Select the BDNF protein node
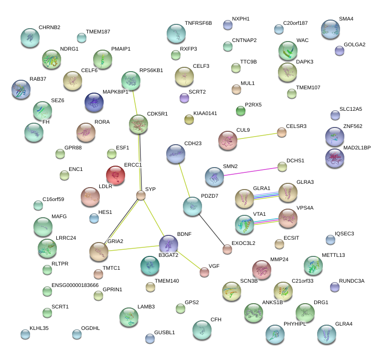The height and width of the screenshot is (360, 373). tap(168, 244)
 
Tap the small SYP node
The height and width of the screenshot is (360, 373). tap(140, 195)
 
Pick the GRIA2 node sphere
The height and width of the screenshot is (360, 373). tap(99, 252)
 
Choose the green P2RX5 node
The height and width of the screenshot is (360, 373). tap(240, 111)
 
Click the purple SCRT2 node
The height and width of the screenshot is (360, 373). tap(184, 98)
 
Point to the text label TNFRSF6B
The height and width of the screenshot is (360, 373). tap(198, 23)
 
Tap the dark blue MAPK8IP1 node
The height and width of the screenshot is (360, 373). tap(94, 102)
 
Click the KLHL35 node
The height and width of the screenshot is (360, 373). tap(25, 334)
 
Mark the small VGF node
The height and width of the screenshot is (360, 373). tap(204, 272)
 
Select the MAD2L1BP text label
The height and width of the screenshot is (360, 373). tap(357, 148)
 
